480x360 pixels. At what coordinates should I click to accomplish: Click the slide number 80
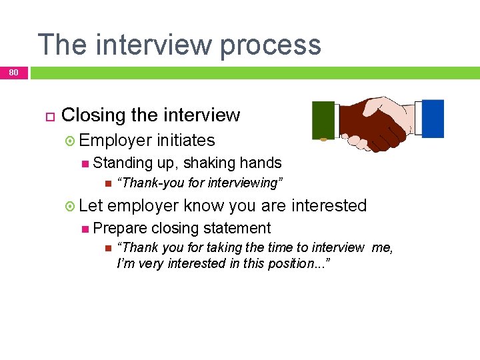point(14,73)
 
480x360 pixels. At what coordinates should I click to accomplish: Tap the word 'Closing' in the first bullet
point(93,115)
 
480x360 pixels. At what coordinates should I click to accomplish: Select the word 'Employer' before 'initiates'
point(115,141)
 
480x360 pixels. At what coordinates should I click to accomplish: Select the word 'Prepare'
point(120,228)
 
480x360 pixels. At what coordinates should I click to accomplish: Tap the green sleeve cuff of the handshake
point(324,120)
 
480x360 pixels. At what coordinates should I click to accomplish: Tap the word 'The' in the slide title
point(61,45)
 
